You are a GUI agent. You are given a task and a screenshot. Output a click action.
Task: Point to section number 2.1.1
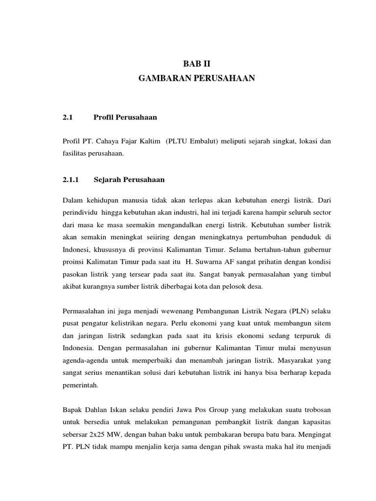(x=71, y=180)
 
